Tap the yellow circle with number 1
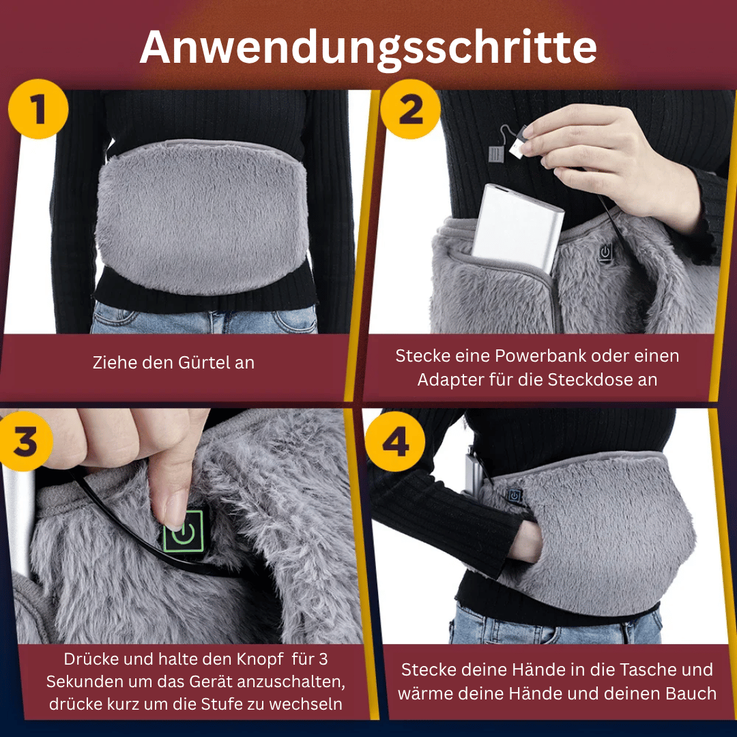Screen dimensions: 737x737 [38, 109]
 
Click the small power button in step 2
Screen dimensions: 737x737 [605, 252]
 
